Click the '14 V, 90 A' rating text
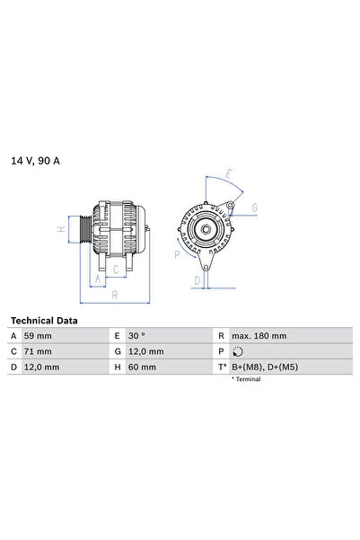pos(37,161)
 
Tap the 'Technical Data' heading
pos(44,320)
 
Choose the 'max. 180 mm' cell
pos(259,335)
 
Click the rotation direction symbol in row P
pos(237,351)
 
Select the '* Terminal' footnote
pos(247,380)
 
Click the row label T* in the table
pos(221,367)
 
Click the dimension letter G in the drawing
pos(255,208)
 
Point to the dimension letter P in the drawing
pos(177,254)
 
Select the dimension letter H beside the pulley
pos(61,229)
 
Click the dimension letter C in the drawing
pos(115,268)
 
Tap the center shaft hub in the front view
pos(206,230)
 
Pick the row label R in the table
pos(221,335)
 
